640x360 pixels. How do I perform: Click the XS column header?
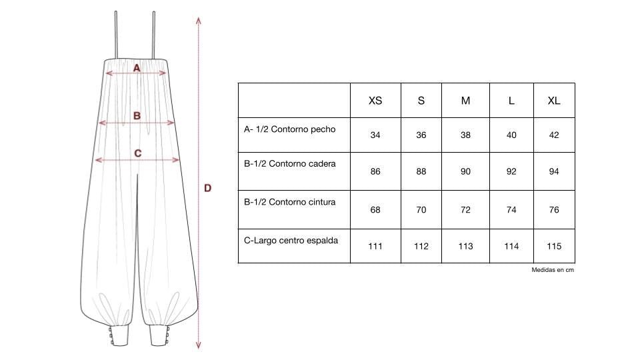[375, 101]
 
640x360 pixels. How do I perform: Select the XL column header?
[553, 101]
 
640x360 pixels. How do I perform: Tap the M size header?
[465, 101]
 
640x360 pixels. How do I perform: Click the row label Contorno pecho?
[289, 129]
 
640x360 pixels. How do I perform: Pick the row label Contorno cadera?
[289, 164]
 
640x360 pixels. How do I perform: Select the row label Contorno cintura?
[289, 202]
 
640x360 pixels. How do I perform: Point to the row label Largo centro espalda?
[291, 240]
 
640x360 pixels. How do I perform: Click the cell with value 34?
[375, 135]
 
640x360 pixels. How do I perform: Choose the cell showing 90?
[465, 172]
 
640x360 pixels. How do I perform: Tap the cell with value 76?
[553, 210]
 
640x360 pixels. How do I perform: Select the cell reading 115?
[553, 247]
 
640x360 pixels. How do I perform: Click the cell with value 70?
[421, 210]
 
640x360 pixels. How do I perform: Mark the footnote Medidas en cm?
[553, 270]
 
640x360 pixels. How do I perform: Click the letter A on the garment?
[137, 68]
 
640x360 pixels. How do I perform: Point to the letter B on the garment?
[137, 116]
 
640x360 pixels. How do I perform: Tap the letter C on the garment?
[137, 153]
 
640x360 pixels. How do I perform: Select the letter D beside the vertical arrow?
[207, 189]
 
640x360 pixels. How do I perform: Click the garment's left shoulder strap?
[116, 35]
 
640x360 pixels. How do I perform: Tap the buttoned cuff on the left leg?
[119, 335]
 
